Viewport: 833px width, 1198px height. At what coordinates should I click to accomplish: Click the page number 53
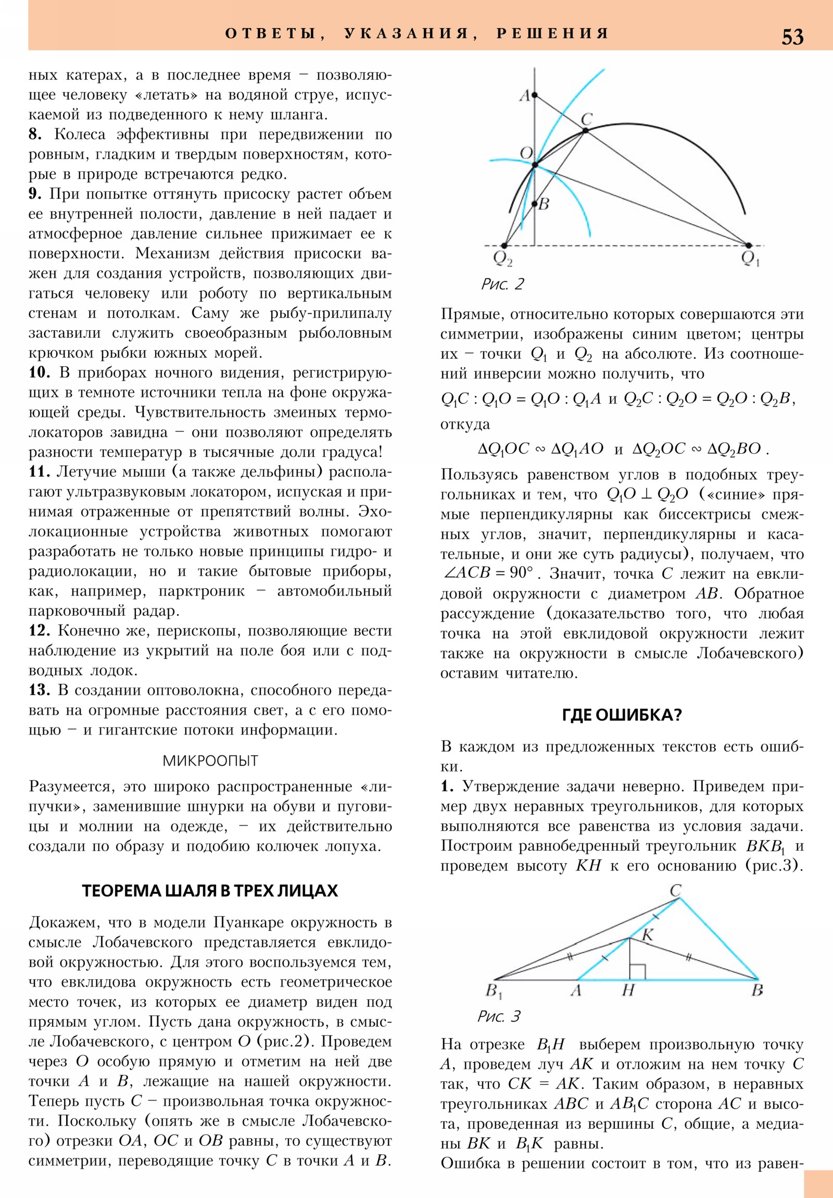pos(792,37)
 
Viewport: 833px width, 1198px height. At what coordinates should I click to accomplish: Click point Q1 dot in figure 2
pos(748,245)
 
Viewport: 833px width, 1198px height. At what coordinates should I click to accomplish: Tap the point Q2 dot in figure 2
pos(504,245)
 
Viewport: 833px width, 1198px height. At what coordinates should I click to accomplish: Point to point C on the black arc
pos(585,130)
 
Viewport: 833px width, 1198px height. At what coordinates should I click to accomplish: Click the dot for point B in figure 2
pos(534,204)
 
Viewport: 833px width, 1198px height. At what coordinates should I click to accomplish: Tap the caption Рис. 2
pos(502,284)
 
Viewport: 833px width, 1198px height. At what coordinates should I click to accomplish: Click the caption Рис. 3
pos(499,1016)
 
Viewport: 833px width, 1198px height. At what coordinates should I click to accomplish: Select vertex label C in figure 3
pos(675,891)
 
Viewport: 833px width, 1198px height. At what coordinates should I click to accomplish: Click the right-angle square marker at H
pos(637,971)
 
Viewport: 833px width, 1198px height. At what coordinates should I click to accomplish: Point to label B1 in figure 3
pos(494,991)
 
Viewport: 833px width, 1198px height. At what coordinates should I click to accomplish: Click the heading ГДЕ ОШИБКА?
pos(622,714)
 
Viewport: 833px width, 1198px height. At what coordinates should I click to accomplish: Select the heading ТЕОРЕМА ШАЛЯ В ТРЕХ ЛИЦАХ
pos(210,890)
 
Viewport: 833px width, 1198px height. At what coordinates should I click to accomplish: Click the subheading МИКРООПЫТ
pos(210,761)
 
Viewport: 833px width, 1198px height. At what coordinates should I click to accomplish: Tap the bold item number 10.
pos(39,372)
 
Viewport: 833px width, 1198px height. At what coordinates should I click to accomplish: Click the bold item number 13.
pos(39,690)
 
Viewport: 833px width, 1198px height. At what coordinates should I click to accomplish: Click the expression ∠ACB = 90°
pos(488,573)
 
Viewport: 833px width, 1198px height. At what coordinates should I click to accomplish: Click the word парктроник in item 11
pos(202,591)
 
